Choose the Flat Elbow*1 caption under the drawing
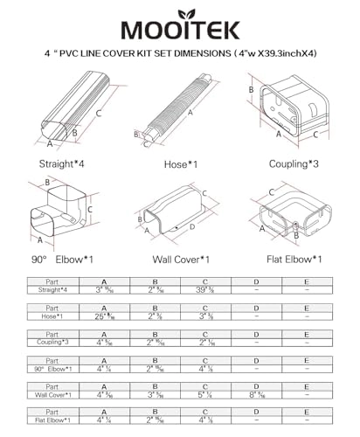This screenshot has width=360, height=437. click(x=292, y=260)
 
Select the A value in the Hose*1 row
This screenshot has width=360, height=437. click(x=105, y=316)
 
